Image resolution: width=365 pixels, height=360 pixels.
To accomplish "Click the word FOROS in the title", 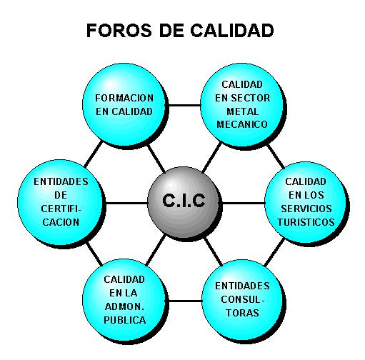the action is click(119, 31).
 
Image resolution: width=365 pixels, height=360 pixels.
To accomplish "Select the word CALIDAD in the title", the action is click(232, 31).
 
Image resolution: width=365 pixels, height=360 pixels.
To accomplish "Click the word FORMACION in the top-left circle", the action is click(124, 98).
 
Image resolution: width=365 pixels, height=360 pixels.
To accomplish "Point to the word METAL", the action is click(242, 111).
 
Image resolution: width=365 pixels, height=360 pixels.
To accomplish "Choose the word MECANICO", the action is click(242, 124).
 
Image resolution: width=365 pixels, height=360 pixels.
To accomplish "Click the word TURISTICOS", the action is click(306, 222).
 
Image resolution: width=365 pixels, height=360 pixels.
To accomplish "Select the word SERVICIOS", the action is click(306, 209).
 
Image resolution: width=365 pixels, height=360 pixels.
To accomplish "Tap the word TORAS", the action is click(242, 313).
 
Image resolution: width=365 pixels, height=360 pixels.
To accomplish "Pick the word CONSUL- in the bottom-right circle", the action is click(243, 299).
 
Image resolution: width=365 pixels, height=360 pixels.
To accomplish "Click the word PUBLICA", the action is click(125, 320).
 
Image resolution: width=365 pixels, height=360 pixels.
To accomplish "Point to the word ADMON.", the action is click(124, 307).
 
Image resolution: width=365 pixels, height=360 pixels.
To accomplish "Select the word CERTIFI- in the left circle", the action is click(61, 209).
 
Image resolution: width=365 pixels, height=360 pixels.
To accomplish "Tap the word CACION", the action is click(61, 222).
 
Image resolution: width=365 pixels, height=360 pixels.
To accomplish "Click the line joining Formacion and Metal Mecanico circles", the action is click(184, 105).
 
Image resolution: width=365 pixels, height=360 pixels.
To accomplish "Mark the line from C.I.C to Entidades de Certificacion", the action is click(126, 203).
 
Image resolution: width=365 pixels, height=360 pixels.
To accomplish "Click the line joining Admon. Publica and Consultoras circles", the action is click(184, 301).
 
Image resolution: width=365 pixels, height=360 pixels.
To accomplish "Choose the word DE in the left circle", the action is click(61, 196).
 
